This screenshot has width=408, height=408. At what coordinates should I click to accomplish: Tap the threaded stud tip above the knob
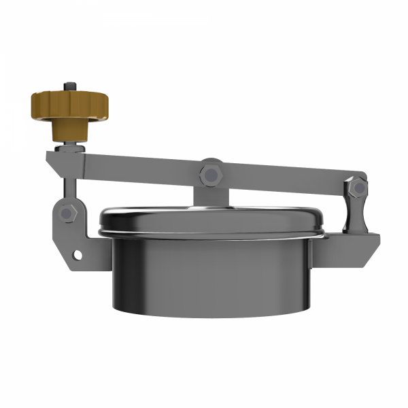(x=69, y=86)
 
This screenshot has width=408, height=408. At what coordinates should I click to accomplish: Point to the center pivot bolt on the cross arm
(x=210, y=175)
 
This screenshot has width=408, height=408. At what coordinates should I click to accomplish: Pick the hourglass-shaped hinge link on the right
(x=355, y=208)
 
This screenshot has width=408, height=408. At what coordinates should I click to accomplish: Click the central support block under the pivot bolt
(x=210, y=194)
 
